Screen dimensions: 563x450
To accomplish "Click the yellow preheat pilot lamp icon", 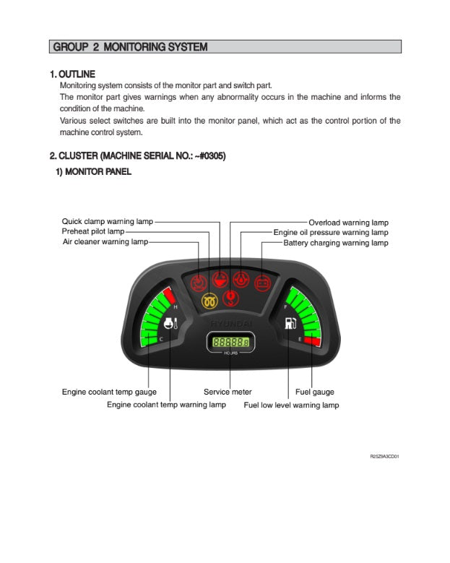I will point(210,300).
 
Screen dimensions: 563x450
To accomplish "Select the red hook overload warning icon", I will point(231,297).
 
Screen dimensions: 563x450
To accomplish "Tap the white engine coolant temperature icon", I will point(169,324).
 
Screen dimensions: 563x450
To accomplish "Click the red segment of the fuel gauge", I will point(311,340).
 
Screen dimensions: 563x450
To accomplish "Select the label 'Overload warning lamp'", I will point(348,223).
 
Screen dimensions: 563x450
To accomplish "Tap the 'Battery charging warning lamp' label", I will point(335,243).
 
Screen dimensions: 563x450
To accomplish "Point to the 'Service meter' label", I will point(228,392).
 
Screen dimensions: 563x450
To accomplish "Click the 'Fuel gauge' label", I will point(314,392).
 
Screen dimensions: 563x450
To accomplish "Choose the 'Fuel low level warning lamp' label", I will point(291,405).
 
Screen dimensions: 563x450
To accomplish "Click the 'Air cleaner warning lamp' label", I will point(105,241).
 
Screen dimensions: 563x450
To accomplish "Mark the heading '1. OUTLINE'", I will point(72,74).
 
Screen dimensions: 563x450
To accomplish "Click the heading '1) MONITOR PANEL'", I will point(94,172).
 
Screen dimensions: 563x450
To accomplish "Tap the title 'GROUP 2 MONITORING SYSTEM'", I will point(129,47).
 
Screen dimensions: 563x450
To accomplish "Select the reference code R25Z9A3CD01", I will point(384,457).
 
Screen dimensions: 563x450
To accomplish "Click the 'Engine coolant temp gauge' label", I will point(109,392).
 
